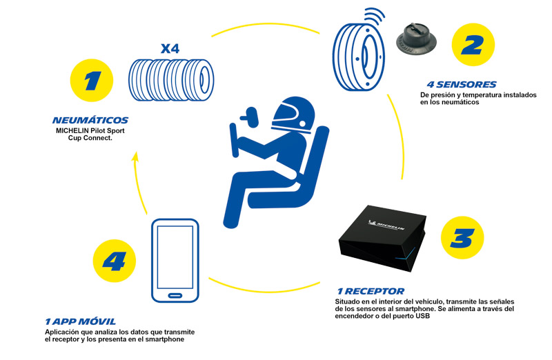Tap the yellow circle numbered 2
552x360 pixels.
(x=473, y=45)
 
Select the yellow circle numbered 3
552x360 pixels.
(x=457, y=238)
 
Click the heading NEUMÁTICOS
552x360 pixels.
(x=90, y=120)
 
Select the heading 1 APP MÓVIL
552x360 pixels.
(x=81, y=321)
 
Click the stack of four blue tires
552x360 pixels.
(x=172, y=80)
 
